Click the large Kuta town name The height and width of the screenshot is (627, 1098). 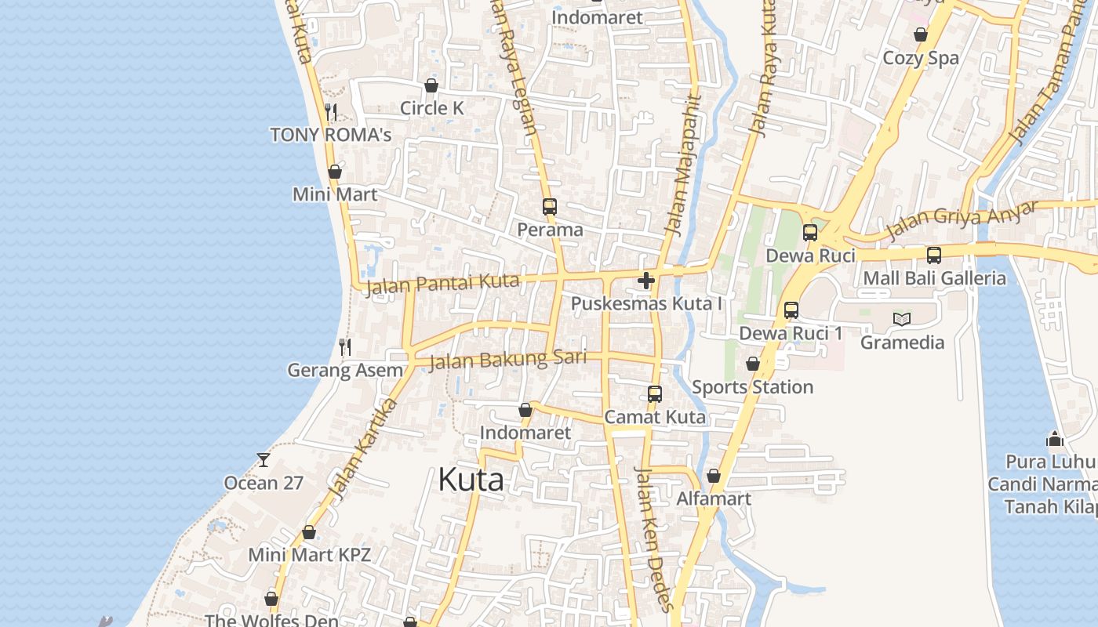click(x=471, y=479)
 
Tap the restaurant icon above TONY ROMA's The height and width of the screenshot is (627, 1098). click(x=331, y=112)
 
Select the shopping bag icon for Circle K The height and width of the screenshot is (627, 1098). click(x=431, y=85)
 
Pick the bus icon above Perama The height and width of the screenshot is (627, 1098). click(x=550, y=207)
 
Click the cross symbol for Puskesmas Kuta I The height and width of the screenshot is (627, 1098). click(x=646, y=281)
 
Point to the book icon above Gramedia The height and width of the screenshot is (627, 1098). click(x=902, y=319)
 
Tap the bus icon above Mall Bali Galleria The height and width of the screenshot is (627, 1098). click(x=934, y=255)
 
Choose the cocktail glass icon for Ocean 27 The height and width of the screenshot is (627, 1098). click(x=264, y=459)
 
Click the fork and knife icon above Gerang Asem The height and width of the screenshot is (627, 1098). click(x=345, y=346)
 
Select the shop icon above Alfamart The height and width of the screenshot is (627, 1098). click(x=714, y=476)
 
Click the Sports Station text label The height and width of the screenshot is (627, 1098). click(x=752, y=387)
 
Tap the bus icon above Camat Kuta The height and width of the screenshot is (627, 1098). click(x=655, y=394)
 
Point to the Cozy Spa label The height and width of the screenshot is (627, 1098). click(x=921, y=58)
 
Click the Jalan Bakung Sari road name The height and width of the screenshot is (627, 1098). click(x=508, y=360)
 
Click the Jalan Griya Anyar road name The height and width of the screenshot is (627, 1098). click(x=962, y=220)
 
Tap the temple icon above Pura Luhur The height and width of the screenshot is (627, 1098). click(x=1055, y=439)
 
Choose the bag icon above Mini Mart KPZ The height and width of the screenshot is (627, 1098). click(x=309, y=532)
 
